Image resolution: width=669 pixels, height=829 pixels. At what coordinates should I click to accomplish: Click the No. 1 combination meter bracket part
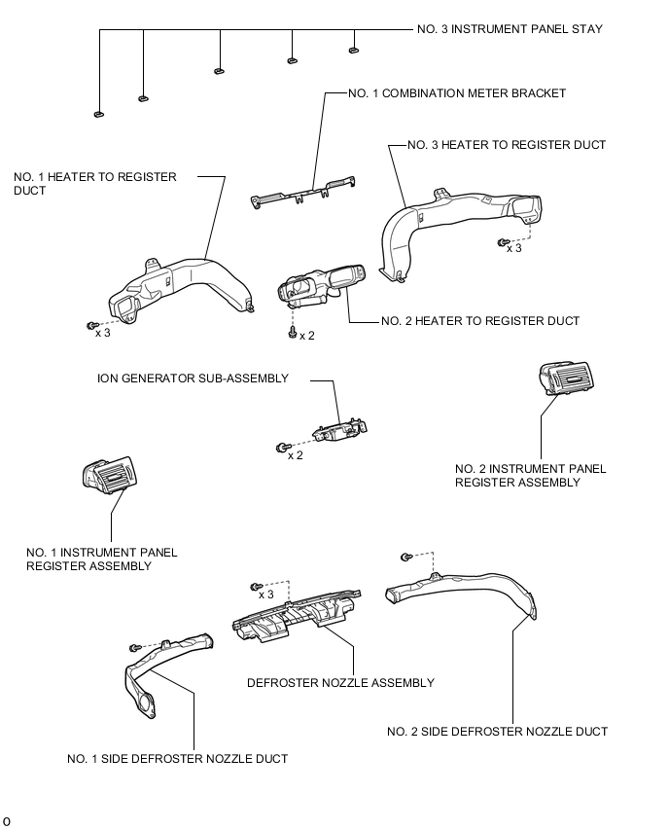pos(302,193)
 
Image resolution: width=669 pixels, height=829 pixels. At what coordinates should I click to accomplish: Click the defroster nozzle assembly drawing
pos(296,614)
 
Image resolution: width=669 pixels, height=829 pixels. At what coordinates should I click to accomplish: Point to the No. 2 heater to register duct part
pos(320,285)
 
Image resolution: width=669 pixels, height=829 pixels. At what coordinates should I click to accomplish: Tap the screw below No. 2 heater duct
pos(293,333)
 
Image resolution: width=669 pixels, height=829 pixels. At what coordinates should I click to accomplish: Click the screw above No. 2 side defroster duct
pos(405,557)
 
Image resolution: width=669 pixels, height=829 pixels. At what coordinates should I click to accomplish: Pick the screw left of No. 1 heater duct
pos(92,326)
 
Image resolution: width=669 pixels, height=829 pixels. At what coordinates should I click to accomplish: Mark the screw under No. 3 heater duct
pos(503,242)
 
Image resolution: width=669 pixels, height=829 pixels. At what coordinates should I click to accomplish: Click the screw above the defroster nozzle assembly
pos(257,587)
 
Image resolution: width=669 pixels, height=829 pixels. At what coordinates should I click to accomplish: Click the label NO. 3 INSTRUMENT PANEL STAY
pos(510,29)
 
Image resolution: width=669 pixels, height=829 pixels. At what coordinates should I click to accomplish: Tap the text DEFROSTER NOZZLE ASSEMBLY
pos(341,683)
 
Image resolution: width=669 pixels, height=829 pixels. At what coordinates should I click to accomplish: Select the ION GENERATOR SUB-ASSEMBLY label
pos(193,378)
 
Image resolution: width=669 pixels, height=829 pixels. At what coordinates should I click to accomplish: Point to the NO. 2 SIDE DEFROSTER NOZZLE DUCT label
pos(497,732)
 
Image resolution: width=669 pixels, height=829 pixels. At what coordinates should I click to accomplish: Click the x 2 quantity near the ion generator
pos(296,455)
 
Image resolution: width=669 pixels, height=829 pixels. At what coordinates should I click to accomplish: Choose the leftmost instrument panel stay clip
pos(99,114)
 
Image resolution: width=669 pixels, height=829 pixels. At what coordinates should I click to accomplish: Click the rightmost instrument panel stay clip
pos(354,51)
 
